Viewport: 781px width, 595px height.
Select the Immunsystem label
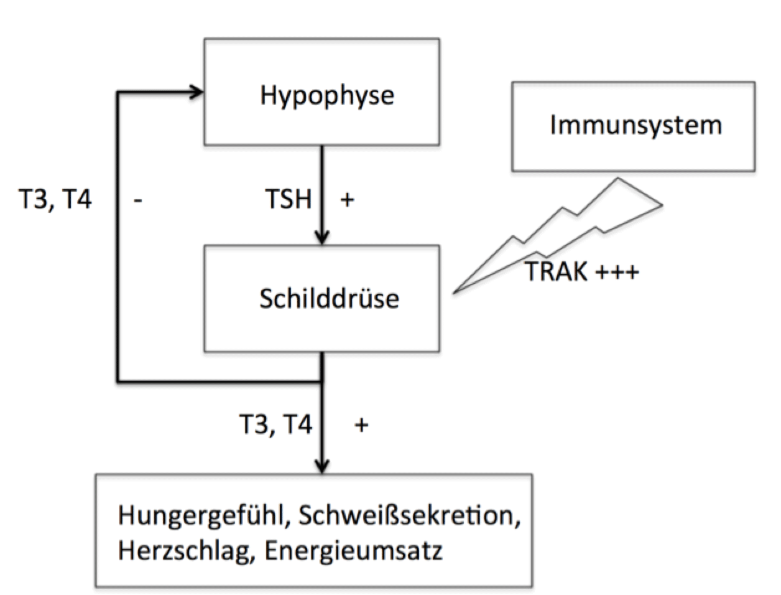point(635,125)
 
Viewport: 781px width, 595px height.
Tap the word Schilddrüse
point(329,298)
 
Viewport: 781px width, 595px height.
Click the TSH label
point(287,200)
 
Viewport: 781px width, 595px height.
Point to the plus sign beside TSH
point(347,200)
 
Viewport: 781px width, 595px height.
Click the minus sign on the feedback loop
point(137,201)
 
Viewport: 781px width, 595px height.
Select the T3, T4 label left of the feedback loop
point(55,200)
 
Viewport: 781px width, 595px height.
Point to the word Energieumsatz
point(353,551)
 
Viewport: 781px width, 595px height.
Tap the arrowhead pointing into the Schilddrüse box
point(321,238)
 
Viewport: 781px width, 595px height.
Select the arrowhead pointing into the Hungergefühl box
point(321,467)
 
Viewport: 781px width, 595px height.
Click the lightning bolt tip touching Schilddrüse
point(456,291)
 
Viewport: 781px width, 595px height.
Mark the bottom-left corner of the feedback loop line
point(118,380)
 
